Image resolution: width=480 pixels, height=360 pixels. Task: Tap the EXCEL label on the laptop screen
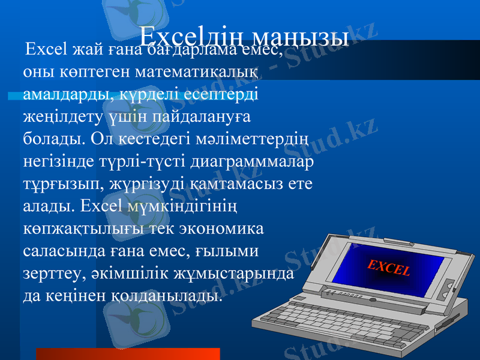coord(389,265)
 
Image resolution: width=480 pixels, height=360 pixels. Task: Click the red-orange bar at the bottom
coord(127,353)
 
